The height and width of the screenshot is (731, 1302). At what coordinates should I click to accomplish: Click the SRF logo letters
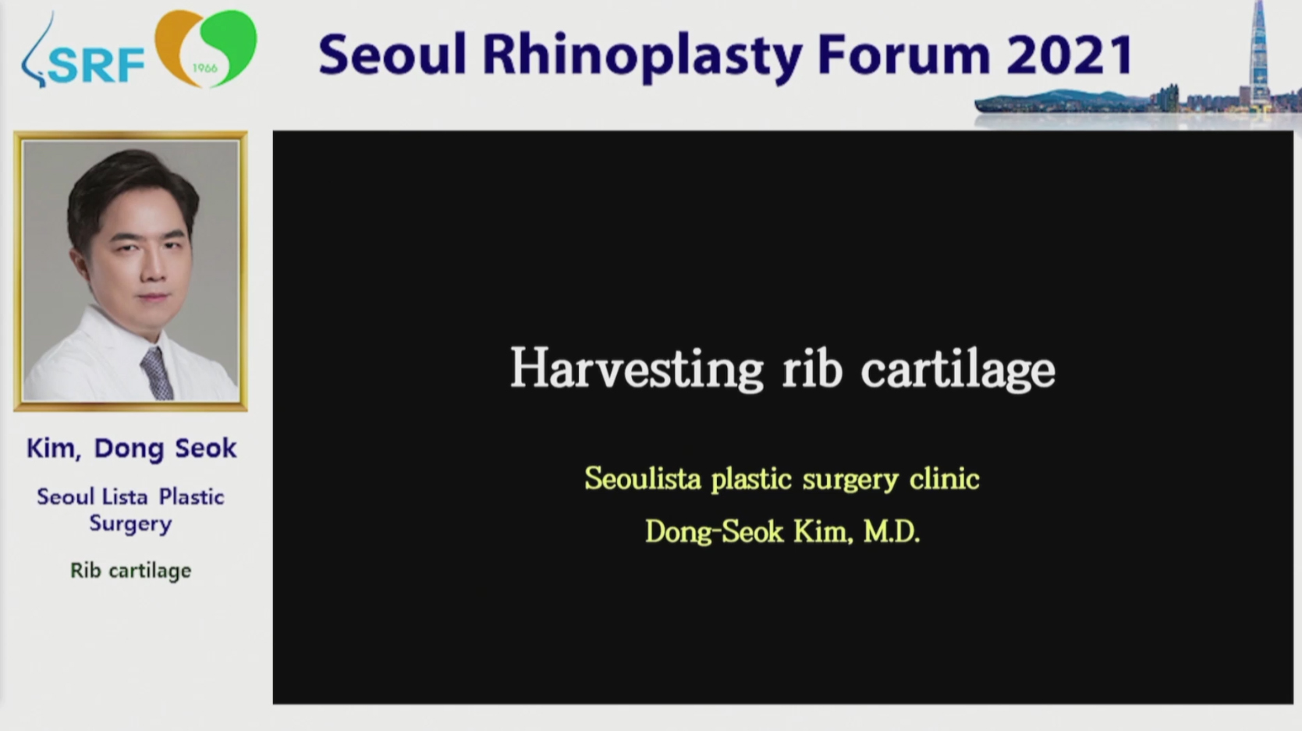96,65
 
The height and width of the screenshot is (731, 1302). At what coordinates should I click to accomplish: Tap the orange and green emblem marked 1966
205,49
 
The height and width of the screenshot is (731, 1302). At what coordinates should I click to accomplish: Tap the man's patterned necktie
157,373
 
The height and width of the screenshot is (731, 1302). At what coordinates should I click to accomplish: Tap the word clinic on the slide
945,478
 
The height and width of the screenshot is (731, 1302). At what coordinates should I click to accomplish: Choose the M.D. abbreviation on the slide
892,531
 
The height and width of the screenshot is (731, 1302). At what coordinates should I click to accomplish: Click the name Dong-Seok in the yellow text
715,532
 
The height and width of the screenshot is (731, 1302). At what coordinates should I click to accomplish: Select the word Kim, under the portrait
54,449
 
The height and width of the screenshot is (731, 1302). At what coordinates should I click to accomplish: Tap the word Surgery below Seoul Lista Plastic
131,524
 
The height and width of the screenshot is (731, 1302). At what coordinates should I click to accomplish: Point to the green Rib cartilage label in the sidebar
131,570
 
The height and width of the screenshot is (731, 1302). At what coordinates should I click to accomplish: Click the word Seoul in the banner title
393,55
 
